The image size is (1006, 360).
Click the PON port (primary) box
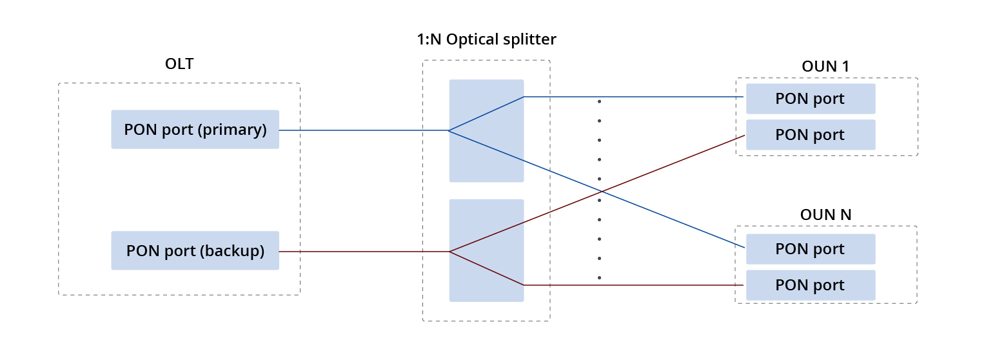click(x=195, y=130)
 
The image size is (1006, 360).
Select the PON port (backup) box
click(x=195, y=250)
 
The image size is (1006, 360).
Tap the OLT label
click(x=179, y=64)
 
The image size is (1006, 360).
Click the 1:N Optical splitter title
click(x=486, y=39)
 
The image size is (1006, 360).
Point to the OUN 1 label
click(x=825, y=66)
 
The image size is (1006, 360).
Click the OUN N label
click(x=825, y=215)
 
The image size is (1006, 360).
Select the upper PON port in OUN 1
click(x=810, y=99)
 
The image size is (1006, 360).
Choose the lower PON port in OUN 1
click(x=810, y=135)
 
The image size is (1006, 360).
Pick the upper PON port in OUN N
click(x=810, y=249)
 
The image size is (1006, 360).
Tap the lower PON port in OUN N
click(x=810, y=285)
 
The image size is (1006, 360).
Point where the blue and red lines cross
click(x=602, y=191)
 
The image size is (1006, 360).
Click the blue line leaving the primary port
click(x=361, y=130)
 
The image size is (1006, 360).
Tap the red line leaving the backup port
click(x=361, y=252)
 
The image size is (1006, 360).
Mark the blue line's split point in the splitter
click(x=449, y=130)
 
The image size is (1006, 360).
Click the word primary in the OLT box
click(x=233, y=130)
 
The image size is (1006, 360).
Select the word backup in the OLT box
click(x=233, y=250)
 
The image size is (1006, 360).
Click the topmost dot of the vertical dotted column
click(x=600, y=101)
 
